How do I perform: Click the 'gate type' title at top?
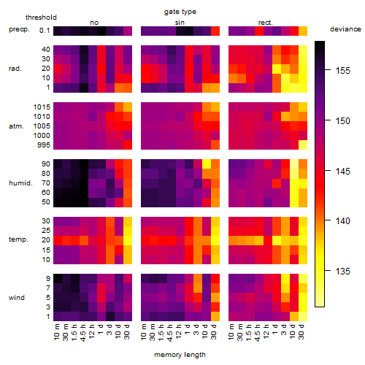[180, 12]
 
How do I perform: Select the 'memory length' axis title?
[180, 355]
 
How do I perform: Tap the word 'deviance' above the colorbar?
[345, 29]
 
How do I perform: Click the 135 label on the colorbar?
[343, 271]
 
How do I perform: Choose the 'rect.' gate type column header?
[265, 23]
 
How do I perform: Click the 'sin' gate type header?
[180, 23]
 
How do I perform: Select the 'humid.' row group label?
[20, 183]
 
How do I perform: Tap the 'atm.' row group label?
[16, 126]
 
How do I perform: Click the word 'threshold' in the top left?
[41, 18]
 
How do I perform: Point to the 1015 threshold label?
[42, 107]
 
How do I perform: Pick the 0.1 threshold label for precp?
[45, 31]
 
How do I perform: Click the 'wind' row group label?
[17, 298]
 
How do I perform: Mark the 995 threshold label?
[44, 145]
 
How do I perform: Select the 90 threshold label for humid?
[46, 164]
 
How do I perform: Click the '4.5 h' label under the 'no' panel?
[83, 332]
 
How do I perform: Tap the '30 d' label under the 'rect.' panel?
[301, 331]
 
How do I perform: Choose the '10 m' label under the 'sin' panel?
[145, 332]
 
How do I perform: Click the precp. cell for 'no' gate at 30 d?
[128, 31]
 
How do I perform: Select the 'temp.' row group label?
[18, 239]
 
